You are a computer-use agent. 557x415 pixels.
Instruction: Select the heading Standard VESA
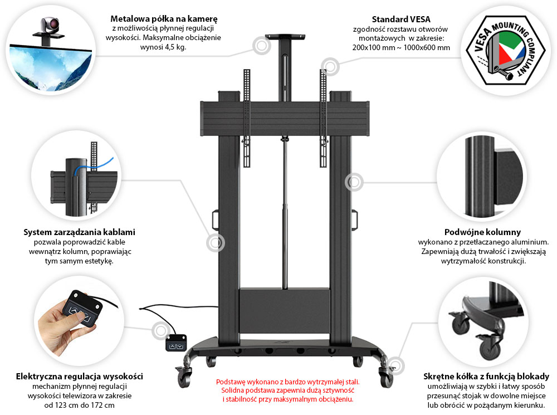click(x=400, y=18)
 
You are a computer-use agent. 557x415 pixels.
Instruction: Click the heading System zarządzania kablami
click(x=79, y=232)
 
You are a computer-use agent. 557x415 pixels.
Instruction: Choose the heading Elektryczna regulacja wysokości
click(x=80, y=376)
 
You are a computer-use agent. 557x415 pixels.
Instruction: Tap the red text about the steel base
click(x=287, y=390)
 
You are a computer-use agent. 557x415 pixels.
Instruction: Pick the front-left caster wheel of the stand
click(x=184, y=378)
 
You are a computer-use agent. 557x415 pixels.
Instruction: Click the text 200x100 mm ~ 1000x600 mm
click(x=401, y=47)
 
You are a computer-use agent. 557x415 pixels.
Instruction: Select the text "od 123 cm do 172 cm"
click(x=80, y=405)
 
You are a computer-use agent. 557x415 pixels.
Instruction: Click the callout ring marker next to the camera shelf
click(x=260, y=46)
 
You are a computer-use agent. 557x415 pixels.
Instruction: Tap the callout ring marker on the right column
click(x=353, y=182)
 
